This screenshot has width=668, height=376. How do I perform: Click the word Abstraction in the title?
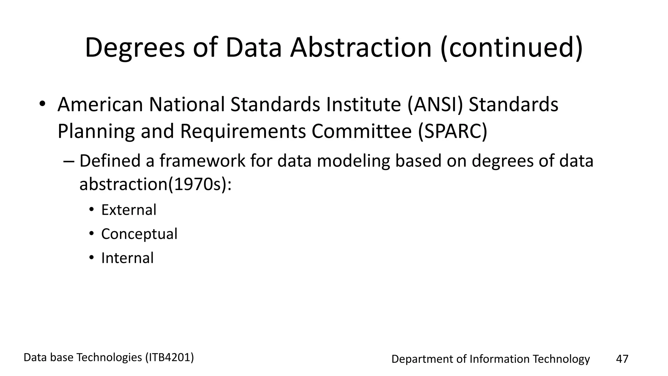[361, 48]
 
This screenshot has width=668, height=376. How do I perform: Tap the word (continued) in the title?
[511, 48]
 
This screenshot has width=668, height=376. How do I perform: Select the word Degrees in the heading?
[135, 48]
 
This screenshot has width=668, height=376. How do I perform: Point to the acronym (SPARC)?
[453, 131]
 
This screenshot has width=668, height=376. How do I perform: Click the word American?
[100, 104]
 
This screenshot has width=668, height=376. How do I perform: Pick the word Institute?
[363, 104]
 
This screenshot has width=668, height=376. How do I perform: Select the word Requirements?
[243, 131]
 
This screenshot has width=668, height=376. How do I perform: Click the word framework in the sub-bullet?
[202, 161]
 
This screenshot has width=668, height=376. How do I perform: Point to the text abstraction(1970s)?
[155, 184]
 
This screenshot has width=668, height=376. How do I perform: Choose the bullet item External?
[129, 210]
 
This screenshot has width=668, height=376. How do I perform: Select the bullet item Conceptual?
[139, 234]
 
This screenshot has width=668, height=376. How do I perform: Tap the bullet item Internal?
[127, 258]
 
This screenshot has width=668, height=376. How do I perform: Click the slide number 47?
[622, 359]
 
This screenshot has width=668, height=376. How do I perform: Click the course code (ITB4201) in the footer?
[170, 357]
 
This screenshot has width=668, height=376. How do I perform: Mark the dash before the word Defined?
[69, 161]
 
